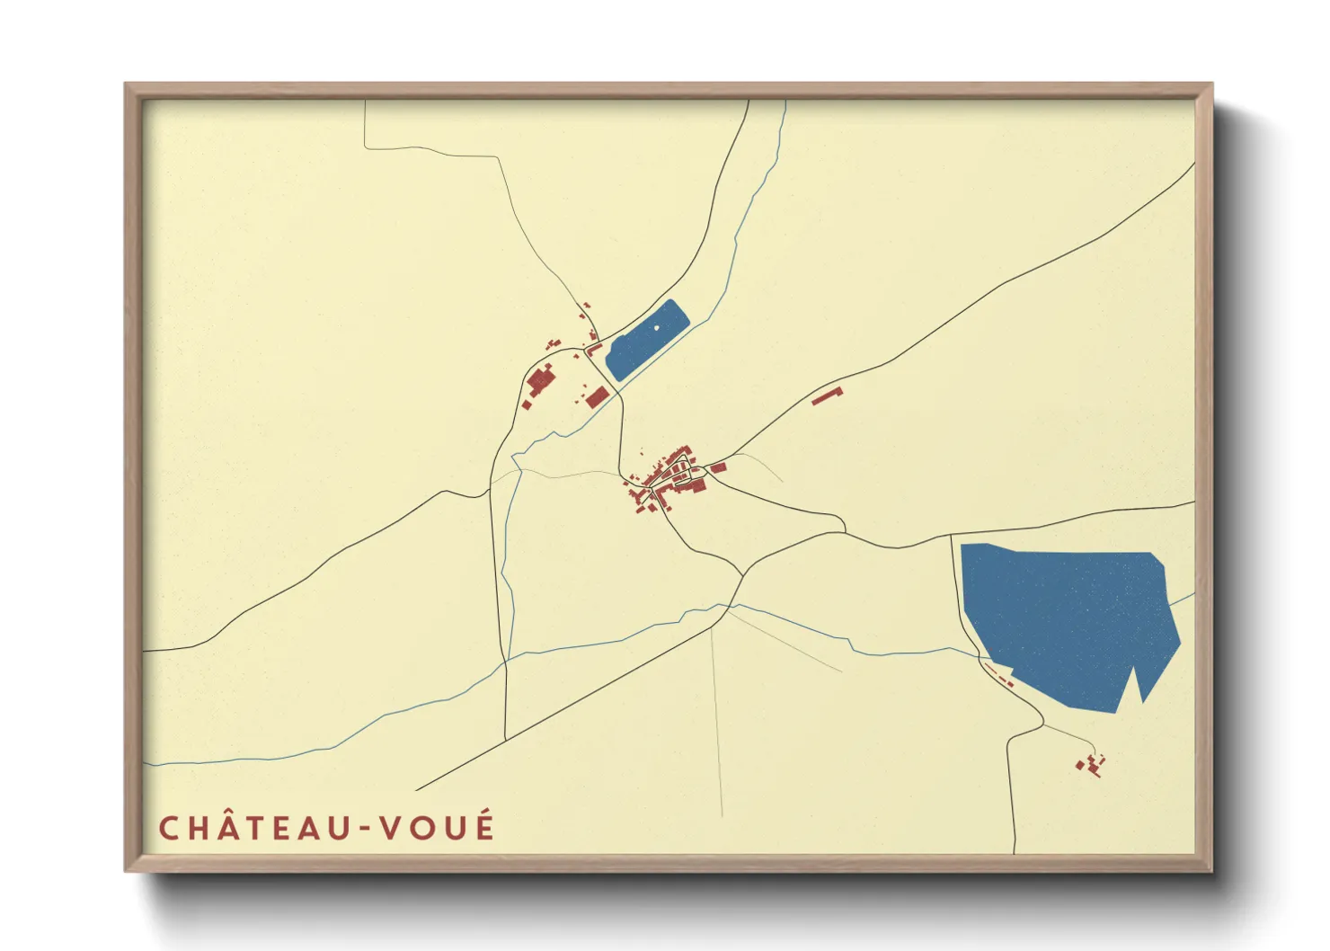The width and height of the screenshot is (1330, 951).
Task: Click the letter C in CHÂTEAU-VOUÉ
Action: point(168,828)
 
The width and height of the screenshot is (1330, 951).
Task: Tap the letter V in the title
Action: point(389,828)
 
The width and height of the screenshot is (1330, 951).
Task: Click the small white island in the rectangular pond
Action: point(656,327)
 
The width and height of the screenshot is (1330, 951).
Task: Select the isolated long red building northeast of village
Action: point(827,396)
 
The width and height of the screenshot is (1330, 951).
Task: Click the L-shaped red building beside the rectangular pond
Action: point(593,348)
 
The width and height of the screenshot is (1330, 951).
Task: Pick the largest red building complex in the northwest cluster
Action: point(539,381)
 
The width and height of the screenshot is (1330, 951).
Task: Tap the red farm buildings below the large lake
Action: point(1091,766)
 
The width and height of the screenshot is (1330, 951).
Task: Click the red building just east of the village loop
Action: point(718,467)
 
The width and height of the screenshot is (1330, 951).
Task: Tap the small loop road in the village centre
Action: point(680,475)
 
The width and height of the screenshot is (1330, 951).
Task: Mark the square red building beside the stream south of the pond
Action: point(596,396)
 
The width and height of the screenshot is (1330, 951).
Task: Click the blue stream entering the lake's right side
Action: point(1184,598)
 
